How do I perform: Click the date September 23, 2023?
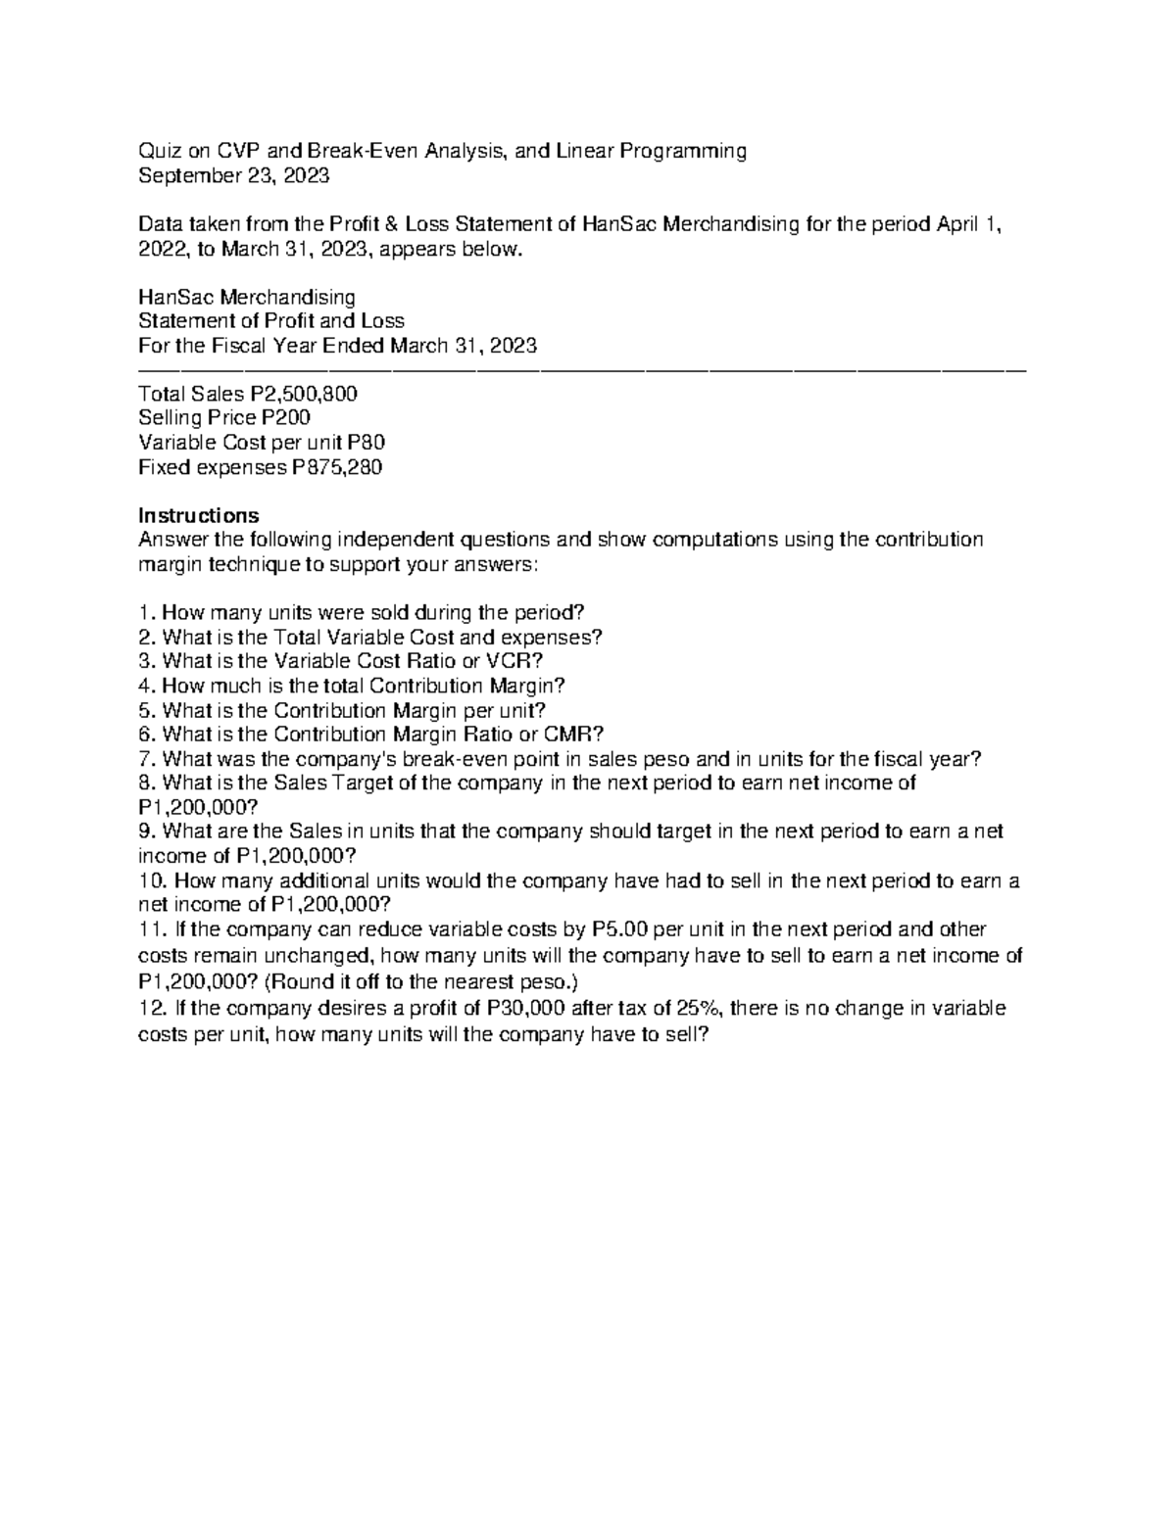[x=234, y=175]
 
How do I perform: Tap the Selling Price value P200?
[x=285, y=418]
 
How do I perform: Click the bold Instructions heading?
[x=199, y=515]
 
